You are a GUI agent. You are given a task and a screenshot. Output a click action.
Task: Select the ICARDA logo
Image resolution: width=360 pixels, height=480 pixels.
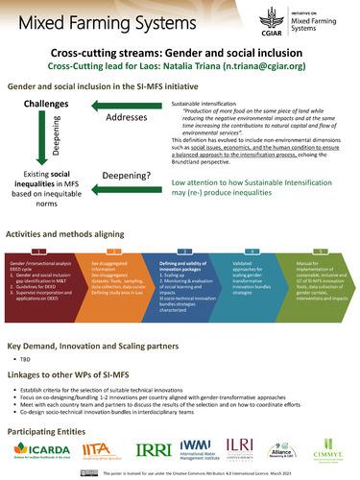click(39, 447)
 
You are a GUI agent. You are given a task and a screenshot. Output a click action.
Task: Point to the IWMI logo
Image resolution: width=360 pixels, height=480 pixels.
click(198, 447)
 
